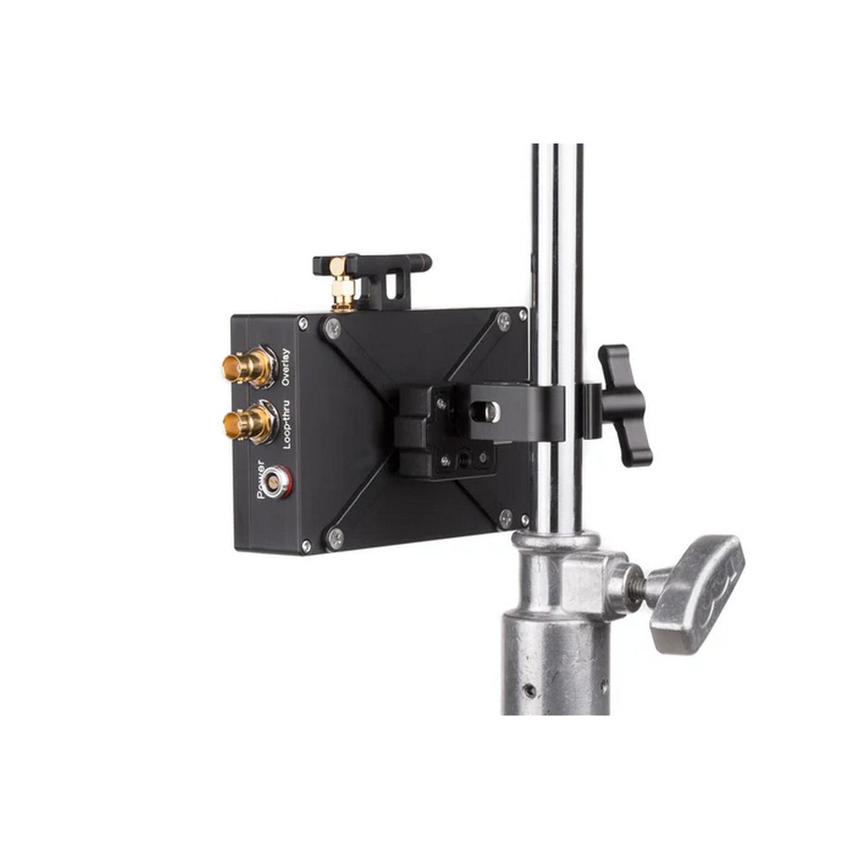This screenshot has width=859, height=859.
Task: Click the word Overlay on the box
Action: click(x=285, y=367)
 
